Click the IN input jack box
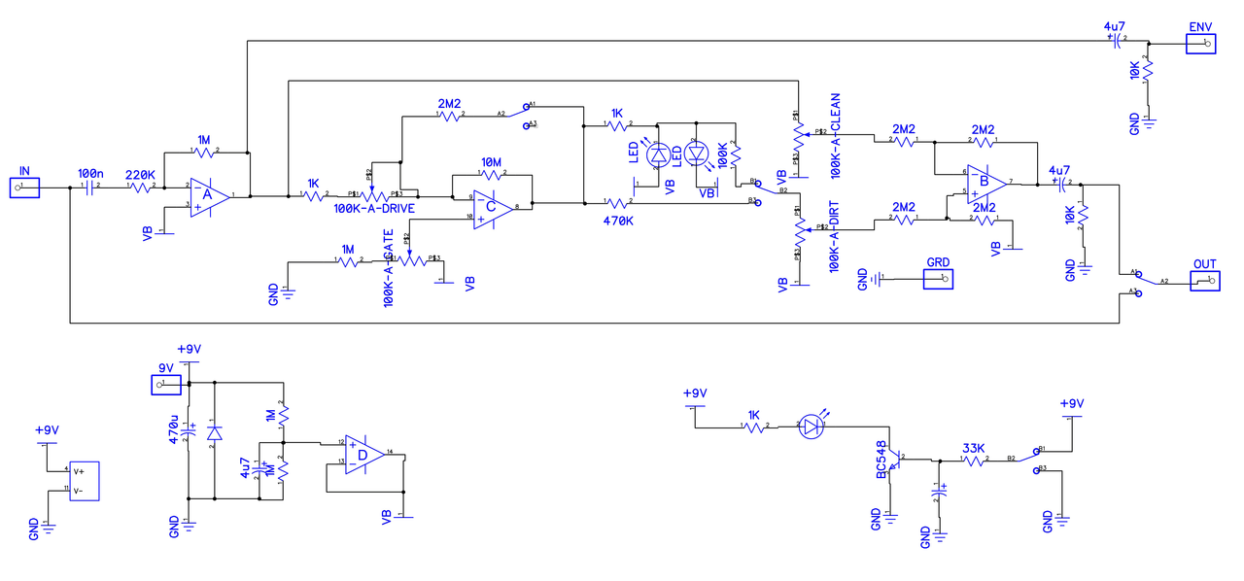pyautogui.click(x=25, y=188)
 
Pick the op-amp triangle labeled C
pyautogui.click(x=492, y=207)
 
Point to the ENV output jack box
pyautogui.click(x=1200, y=44)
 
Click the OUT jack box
pyautogui.click(x=1204, y=281)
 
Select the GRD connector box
pyautogui.click(x=938, y=279)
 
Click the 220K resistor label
pyautogui.click(x=141, y=175)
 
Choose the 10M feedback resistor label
pyautogui.click(x=491, y=161)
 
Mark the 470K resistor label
pyautogui.click(x=618, y=221)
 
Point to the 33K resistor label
pyautogui.click(x=975, y=449)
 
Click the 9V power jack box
pyautogui.click(x=165, y=385)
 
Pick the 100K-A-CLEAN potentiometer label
pyautogui.click(x=836, y=136)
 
